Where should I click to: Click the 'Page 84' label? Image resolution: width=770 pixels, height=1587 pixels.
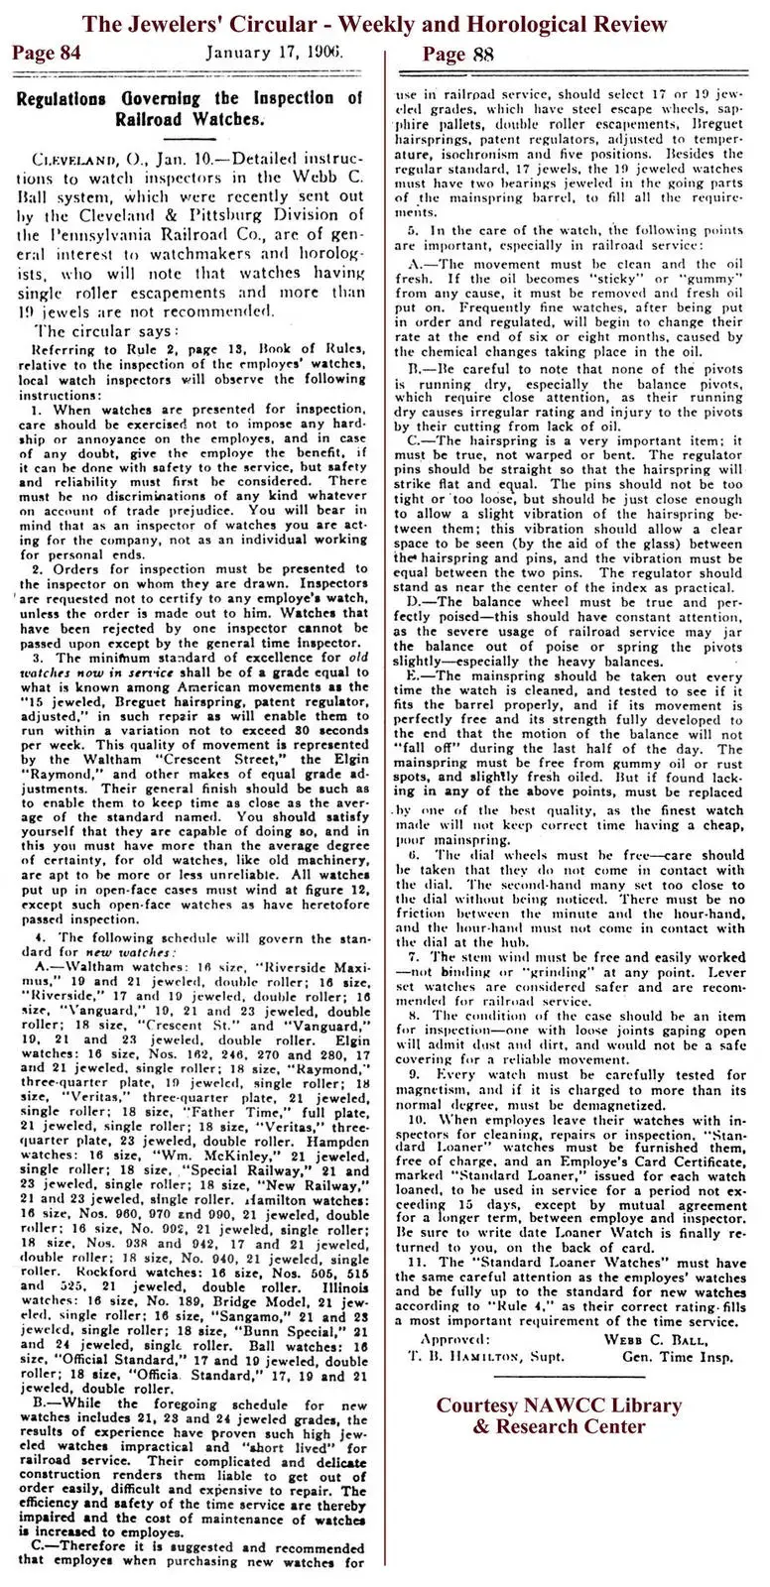pyautogui.click(x=46, y=53)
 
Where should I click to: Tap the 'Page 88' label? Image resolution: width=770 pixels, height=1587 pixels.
pyautogui.click(x=457, y=53)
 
